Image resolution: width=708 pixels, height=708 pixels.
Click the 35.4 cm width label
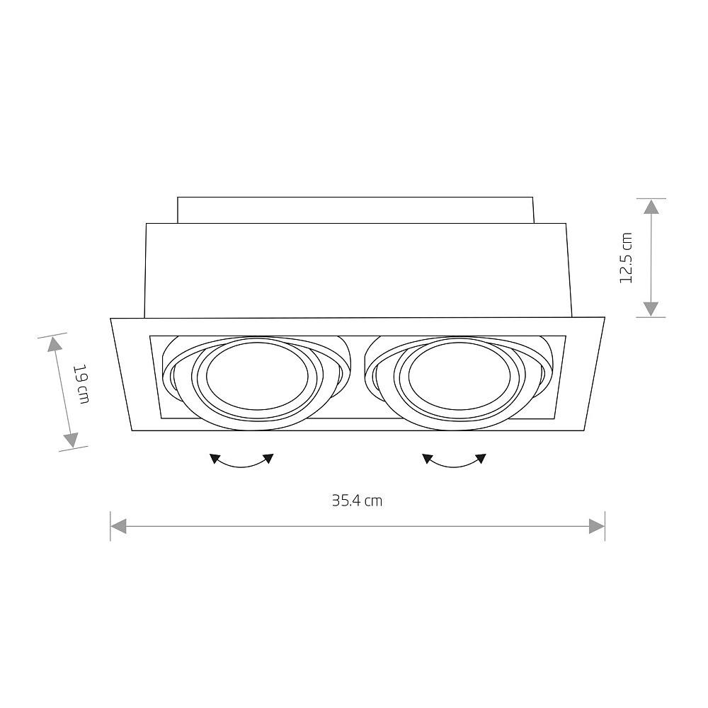[x=357, y=501]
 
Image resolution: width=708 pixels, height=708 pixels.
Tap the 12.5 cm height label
[x=627, y=258]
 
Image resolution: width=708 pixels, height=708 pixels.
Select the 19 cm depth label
[x=81, y=383]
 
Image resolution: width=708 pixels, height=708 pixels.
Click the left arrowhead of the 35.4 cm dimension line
[x=118, y=526]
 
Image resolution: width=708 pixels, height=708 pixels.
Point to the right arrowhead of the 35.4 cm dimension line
[x=597, y=526]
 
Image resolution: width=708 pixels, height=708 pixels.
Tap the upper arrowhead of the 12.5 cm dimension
[x=651, y=207]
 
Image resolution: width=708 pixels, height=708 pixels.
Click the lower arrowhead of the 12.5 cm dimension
[x=651, y=309]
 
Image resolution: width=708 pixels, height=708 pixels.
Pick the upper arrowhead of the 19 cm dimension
[x=55, y=345]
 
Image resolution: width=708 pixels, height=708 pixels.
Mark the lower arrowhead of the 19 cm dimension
[x=71, y=440]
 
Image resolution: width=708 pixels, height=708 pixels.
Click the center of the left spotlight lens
[x=258, y=376]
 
